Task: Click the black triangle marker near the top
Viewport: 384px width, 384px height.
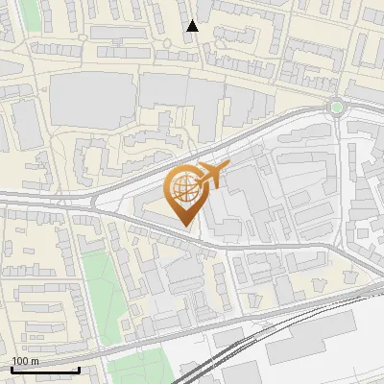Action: point(192,26)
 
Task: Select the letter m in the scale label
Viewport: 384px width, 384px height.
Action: point(36,361)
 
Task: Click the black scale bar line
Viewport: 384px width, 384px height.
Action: point(45,370)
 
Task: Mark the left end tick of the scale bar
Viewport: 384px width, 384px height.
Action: point(12,368)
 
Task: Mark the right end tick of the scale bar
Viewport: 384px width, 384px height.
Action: point(79,368)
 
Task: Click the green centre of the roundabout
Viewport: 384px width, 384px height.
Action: point(335,107)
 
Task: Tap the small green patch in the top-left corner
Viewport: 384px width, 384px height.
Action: point(29,12)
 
